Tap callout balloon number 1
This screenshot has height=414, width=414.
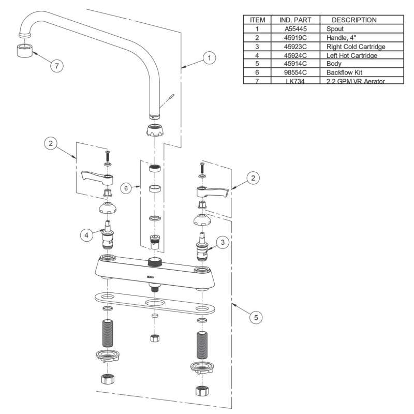pos(209,58)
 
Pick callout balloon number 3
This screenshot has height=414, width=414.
pos(222,241)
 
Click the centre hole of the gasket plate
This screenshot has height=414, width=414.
pos(154,301)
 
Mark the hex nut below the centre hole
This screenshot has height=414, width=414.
pos(154,338)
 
